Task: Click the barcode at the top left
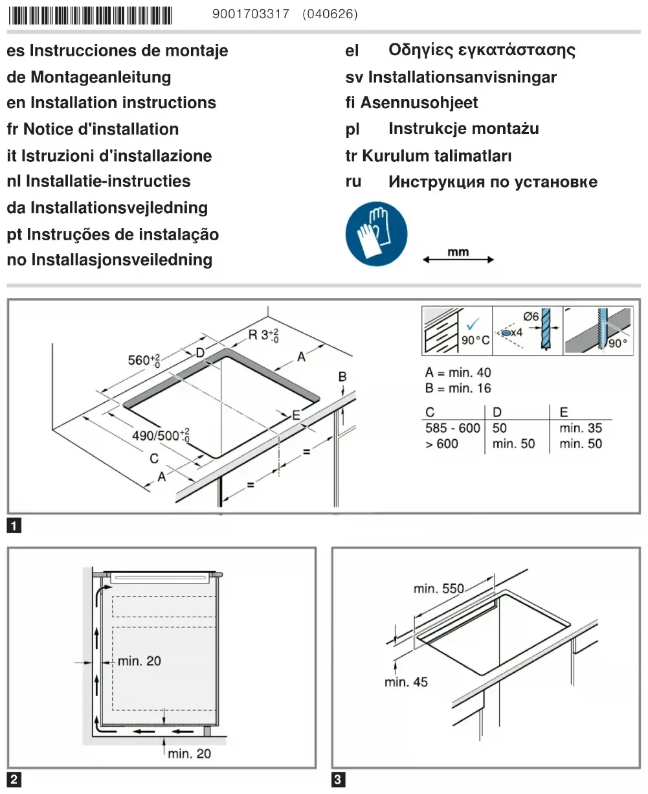pyautogui.click(x=90, y=15)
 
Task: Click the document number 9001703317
pyautogui.click(x=251, y=14)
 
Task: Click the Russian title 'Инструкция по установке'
pyautogui.click(x=493, y=182)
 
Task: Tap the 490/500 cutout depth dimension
pyautogui.click(x=161, y=435)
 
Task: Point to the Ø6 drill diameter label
pyautogui.click(x=530, y=317)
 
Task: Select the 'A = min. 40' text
pyautogui.click(x=458, y=372)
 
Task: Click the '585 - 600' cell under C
pyautogui.click(x=452, y=428)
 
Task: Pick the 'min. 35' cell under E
pyautogui.click(x=581, y=428)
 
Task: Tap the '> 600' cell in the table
pyautogui.click(x=441, y=444)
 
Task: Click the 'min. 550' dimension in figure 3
pyautogui.click(x=439, y=589)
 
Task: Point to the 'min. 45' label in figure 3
pyautogui.click(x=406, y=682)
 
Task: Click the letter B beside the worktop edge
pyautogui.click(x=342, y=377)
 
